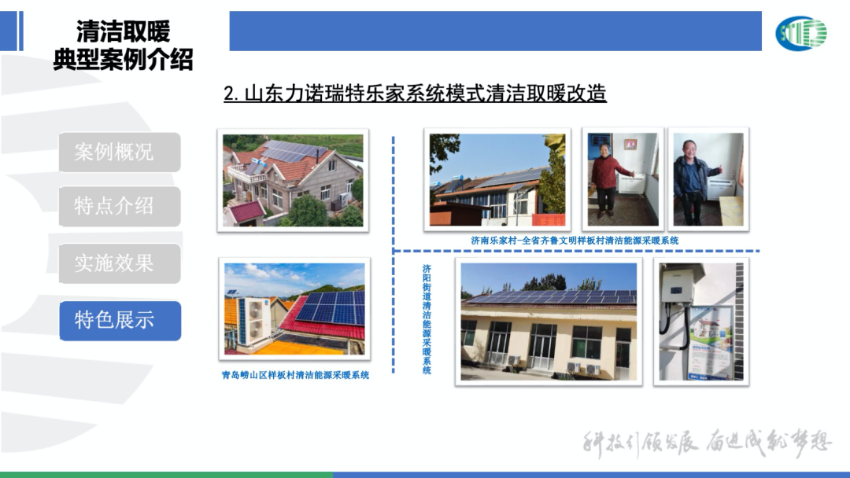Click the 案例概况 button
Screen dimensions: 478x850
[x=120, y=152]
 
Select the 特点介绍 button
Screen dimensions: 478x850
[x=120, y=206]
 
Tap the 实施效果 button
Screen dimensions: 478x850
[x=120, y=263]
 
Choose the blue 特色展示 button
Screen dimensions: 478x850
[x=120, y=320]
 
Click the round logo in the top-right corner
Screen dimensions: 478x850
[x=801, y=33]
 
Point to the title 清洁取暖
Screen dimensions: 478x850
[x=123, y=31]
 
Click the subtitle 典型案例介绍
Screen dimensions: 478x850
[x=123, y=60]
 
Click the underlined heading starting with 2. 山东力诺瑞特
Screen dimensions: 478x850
[x=415, y=94]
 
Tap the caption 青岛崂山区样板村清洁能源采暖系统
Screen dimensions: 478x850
[x=295, y=375]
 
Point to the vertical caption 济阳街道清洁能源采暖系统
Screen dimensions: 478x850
[x=427, y=318]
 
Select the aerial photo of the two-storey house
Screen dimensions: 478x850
[x=293, y=180]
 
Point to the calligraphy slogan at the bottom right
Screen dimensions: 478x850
[x=706, y=443]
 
